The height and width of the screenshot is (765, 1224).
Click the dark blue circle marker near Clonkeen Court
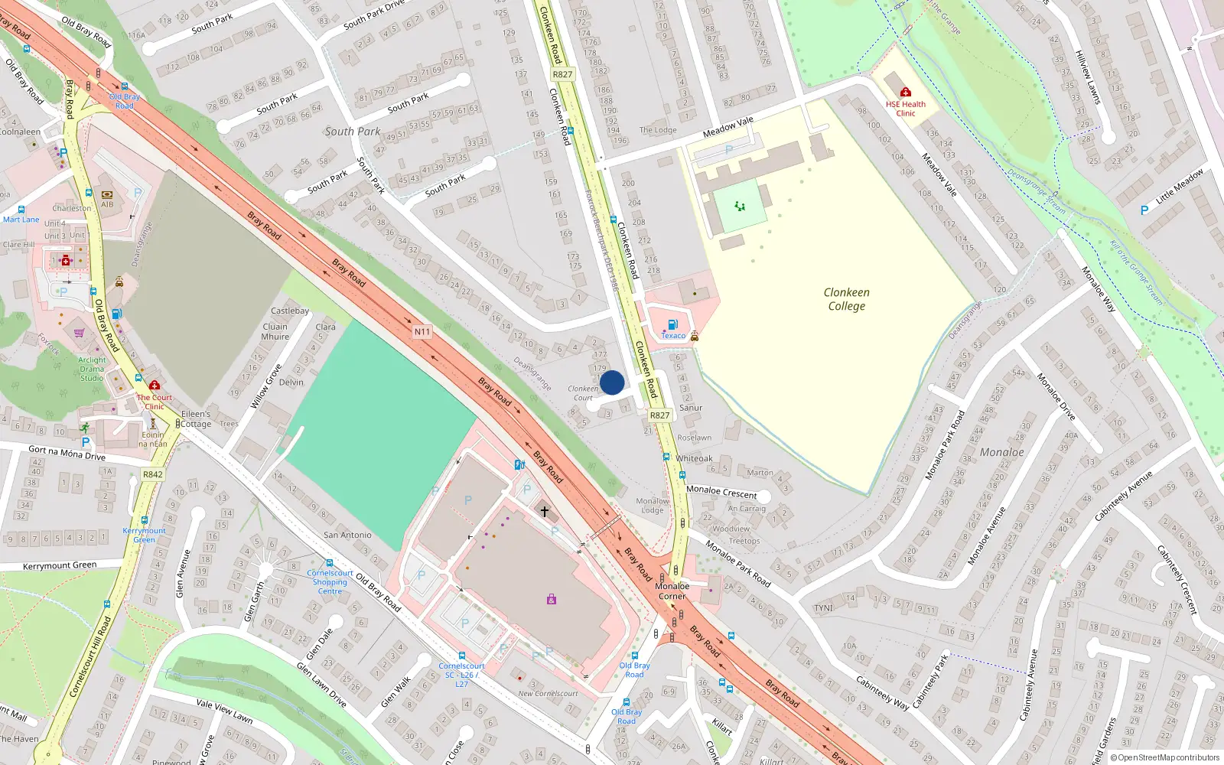tap(612, 382)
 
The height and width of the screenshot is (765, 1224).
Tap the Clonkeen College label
tap(846, 299)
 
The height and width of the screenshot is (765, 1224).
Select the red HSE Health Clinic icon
tap(906, 93)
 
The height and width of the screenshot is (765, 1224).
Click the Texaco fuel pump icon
tap(672, 324)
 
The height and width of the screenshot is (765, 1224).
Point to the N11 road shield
tap(422, 332)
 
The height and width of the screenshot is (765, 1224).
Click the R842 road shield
tap(153, 474)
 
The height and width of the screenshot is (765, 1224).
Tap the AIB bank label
tap(107, 204)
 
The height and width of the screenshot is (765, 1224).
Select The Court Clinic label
tap(155, 402)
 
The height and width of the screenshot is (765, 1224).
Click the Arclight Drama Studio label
tap(92, 369)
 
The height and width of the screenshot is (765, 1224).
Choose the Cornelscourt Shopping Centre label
tap(330, 582)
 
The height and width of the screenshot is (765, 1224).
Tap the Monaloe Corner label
tap(672, 591)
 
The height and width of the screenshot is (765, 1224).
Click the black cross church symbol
tap(545, 511)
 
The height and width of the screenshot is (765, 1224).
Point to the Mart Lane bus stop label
tap(21, 220)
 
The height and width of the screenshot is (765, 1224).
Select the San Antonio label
tap(347, 535)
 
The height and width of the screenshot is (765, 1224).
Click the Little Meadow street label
tap(1179, 186)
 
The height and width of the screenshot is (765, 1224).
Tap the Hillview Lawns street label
tap(1087, 77)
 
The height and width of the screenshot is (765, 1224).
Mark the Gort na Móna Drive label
tap(67, 453)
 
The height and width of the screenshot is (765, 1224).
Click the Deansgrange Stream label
tap(1036, 191)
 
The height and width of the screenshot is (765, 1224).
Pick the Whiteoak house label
tap(695, 458)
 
